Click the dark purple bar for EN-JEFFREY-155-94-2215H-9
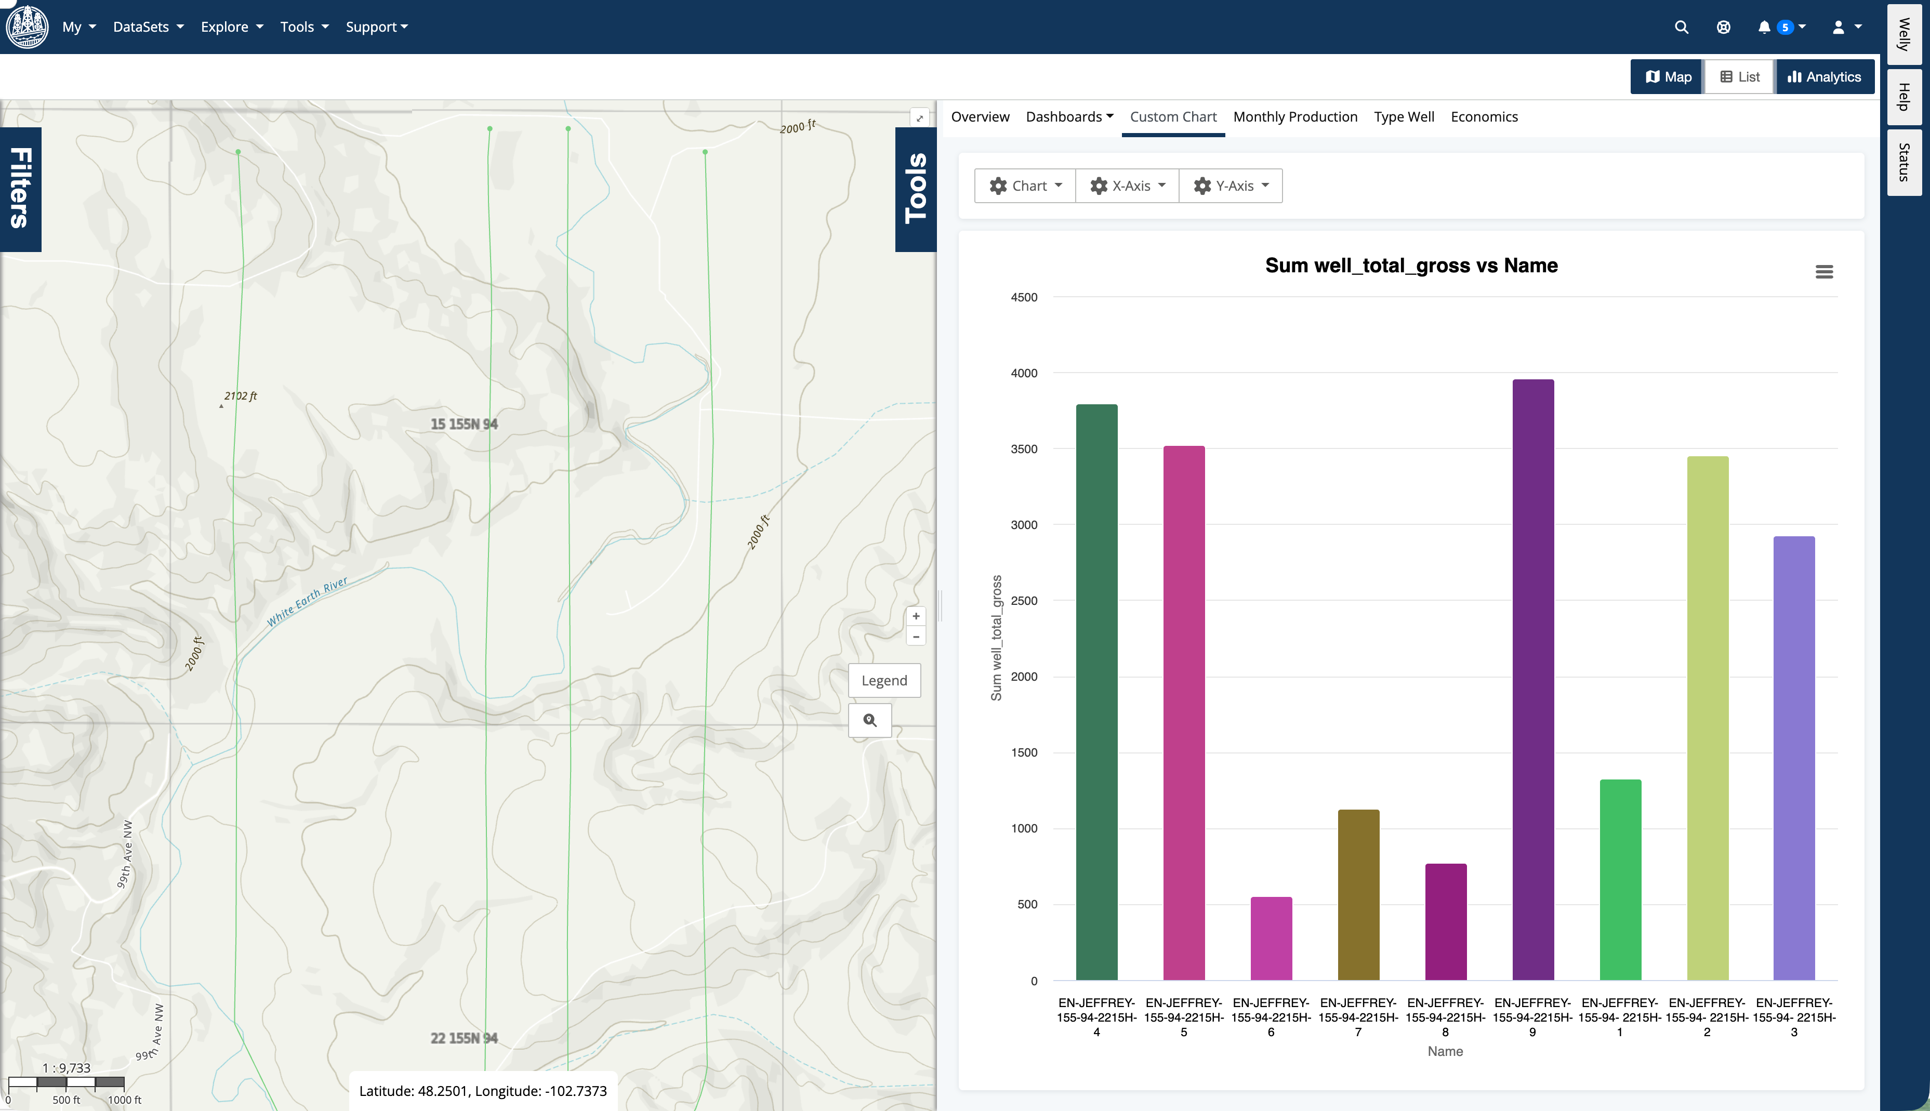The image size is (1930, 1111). (x=1532, y=679)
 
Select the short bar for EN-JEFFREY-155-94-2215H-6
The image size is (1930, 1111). (x=1271, y=938)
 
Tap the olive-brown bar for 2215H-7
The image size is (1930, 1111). (x=1358, y=894)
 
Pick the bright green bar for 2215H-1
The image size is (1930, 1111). (x=1620, y=879)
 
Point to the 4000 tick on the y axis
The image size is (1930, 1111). (x=1024, y=373)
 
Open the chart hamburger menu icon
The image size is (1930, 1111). (x=1823, y=272)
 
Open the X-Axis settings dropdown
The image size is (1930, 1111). (x=1128, y=186)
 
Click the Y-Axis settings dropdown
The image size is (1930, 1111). (x=1231, y=186)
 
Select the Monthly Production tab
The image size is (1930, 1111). (x=1294, y=117)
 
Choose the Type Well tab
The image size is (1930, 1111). (x=1404, y=117)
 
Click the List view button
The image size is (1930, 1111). (x=1739, y=77)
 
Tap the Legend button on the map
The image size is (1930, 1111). (x=884, y=680)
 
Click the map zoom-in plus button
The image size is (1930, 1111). (x=916, y=616)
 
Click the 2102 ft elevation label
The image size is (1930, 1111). (x=240, y=396)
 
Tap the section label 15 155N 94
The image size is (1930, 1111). (x=464, y=424)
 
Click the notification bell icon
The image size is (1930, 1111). (x=1764, y=28)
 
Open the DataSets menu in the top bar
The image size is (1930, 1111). (x=148, y=27)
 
